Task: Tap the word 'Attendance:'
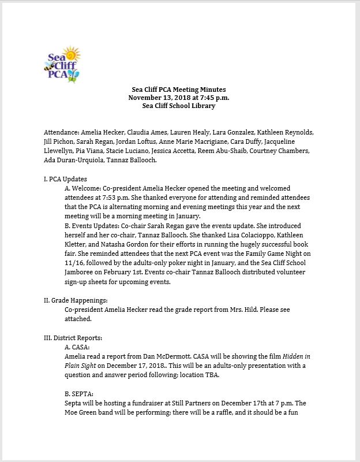point(61,131)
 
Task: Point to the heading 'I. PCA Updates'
point(65,179)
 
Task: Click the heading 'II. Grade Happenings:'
point(76,300)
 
